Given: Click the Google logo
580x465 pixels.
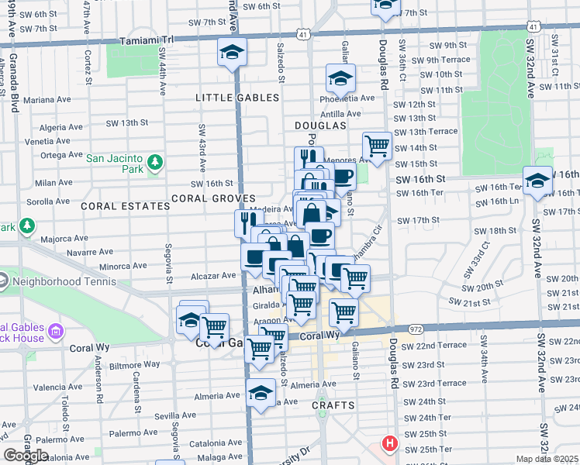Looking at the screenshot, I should click(x=26, y=456).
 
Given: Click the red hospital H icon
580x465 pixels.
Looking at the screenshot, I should click(x=388, y=444).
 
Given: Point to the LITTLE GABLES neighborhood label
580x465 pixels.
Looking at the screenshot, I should click(x=237, y=98).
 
